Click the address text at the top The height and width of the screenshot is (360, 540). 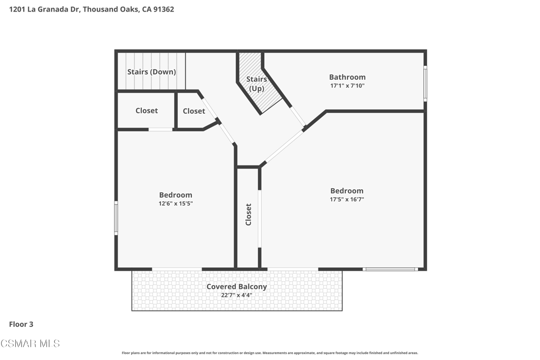click(x=91, y=9)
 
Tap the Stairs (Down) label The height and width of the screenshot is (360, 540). click(x=151, y=72)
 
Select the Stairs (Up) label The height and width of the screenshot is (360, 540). click(x=257, y=84)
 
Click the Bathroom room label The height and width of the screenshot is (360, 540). click(x=347, y=77)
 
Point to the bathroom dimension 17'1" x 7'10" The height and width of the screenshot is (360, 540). click(x=347, y=86)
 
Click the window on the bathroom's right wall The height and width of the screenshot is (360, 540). click(x=426, y=84)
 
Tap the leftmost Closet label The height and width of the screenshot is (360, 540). click(x=147, y=111)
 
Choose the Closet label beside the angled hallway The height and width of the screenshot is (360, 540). click(x=194, y=111)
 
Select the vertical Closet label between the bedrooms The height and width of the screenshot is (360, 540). click(x=248, y=215)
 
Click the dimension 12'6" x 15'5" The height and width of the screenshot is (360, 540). click(x=176, y=203)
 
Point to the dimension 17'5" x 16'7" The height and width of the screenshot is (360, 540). click(x=347, y=199)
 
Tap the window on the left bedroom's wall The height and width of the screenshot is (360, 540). click(x=116, y=218)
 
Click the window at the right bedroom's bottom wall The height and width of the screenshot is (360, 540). click(x=390, y=269)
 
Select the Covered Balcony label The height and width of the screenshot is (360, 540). click(x=237, y=286)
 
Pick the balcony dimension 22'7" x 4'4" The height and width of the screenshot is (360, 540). click(x=237, y=295)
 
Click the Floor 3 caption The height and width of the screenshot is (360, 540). click(x=21, y=324)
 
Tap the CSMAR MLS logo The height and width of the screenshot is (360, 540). click(x=30, y=344)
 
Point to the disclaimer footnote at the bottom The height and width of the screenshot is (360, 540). click(x=270, y=353)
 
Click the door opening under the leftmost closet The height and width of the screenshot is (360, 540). click(x=160, y=130)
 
